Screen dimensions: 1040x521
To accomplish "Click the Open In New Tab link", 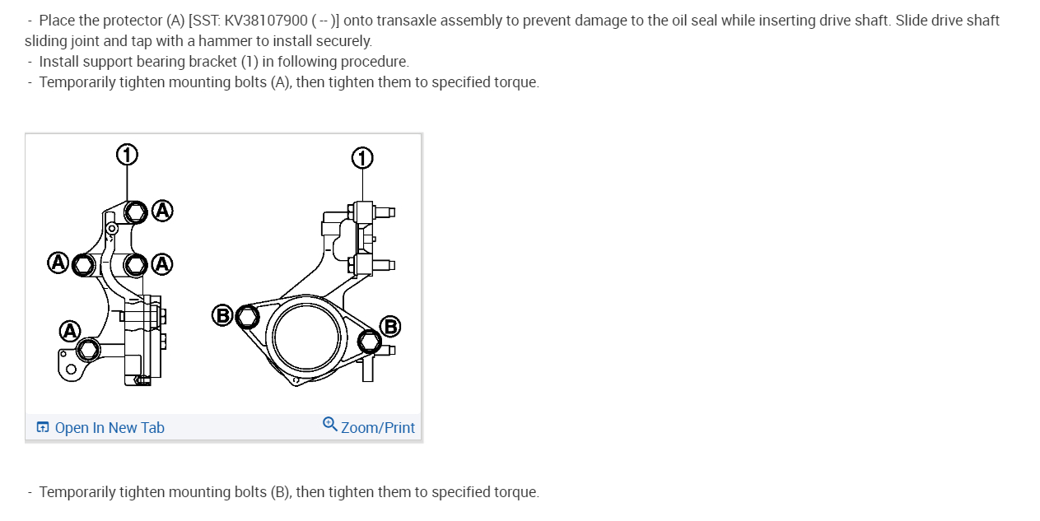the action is coord(110,427).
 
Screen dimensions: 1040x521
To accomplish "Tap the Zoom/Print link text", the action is coord(378,427).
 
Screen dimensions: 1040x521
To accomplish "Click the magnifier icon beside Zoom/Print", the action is coord(329,424).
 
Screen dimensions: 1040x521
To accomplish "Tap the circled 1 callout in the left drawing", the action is coord(126,154).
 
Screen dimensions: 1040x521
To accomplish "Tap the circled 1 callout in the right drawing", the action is coord(362,158).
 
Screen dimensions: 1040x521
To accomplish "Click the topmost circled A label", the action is coord(162,211).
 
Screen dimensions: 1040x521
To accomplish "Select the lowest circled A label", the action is coord(70,332).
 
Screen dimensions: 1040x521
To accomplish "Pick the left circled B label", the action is coord(222,314).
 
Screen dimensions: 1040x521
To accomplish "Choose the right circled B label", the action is coord(389,327).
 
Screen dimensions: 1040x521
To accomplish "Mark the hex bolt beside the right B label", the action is coord(370,340).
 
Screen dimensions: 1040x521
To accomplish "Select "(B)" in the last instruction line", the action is coord(281,492).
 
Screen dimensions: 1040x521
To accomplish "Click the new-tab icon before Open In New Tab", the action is coord(43,427).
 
